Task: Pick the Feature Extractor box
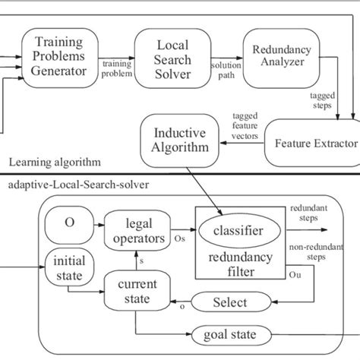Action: click(312, 144)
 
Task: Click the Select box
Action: click(231, 302)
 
